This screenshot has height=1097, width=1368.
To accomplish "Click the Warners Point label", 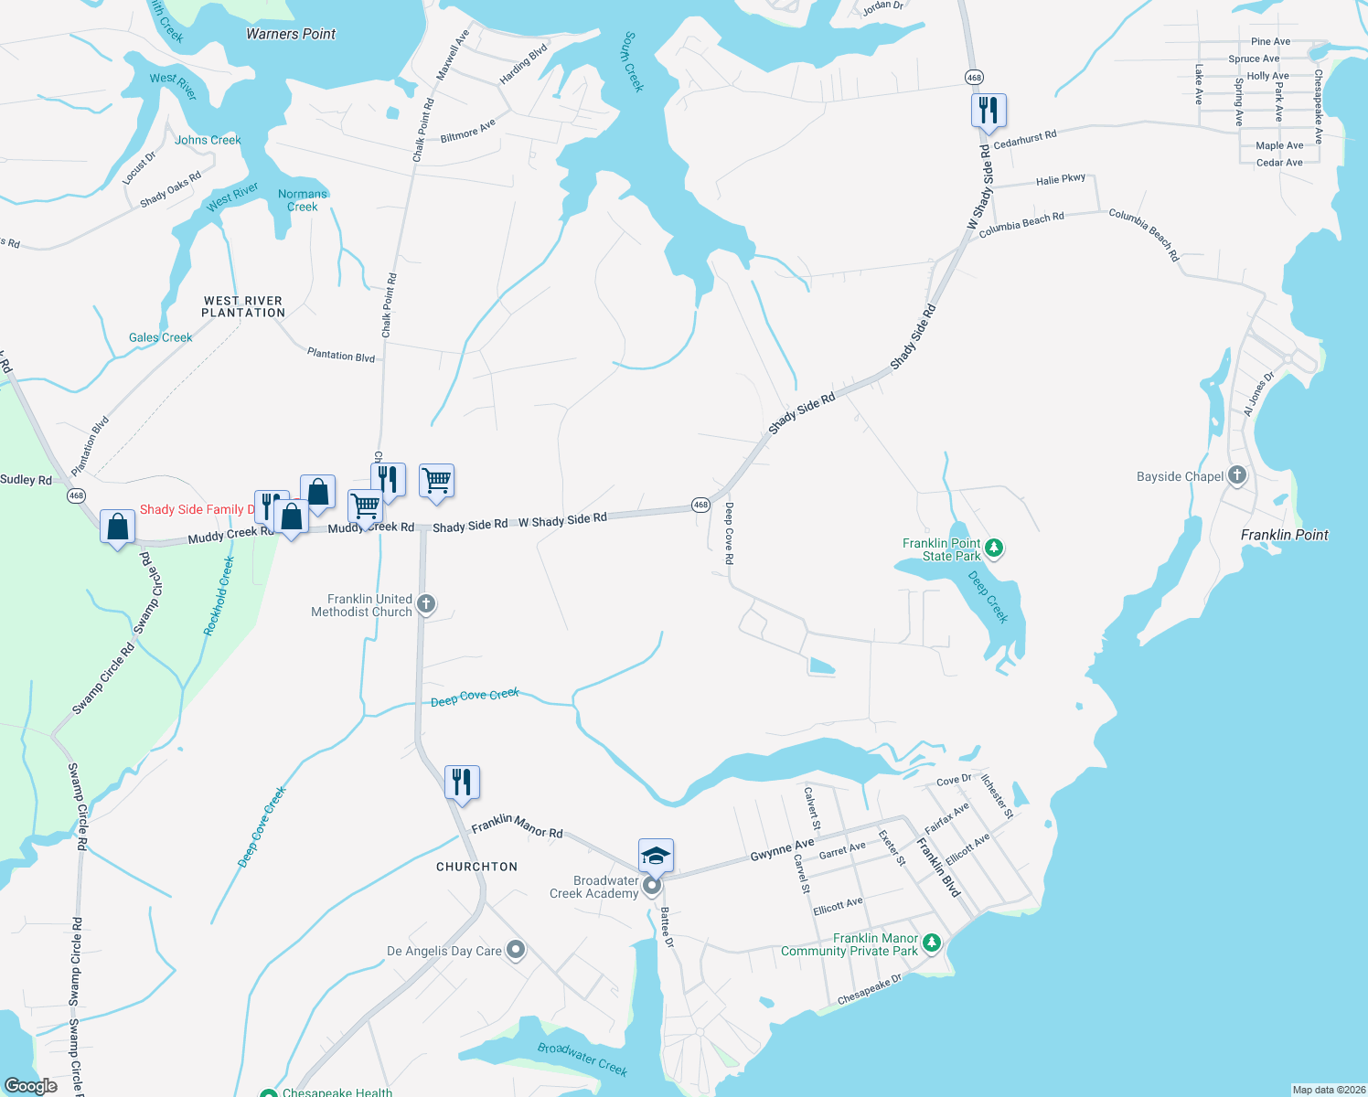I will (x=291, y=34).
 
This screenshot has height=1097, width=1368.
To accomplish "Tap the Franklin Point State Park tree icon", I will (x=994, y=548).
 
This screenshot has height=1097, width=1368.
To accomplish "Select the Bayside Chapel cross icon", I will (x=1237, y=474).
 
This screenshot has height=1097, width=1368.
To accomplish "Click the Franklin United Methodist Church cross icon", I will (x=426, y=603).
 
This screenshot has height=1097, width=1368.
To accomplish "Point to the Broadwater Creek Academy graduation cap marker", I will (x=656, y=856).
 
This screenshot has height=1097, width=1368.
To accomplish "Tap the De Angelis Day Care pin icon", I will (x=516, y=950).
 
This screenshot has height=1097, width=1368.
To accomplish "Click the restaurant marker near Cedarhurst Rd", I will (x=989, y=111).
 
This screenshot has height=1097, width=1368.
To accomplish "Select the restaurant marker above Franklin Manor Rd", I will (x=462, y=783).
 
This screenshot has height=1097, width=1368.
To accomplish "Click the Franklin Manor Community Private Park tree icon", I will (x=931, y=943).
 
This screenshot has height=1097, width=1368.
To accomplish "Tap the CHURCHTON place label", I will (x=476, y=867).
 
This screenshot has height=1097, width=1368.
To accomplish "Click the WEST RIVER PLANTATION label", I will (x=243, y=306).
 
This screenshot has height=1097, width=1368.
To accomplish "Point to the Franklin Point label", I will (x=1284, y=535).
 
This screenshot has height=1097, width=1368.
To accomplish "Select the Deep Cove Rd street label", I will (x=729, y=533).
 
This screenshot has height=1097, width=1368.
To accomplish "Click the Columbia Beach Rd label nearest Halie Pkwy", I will (x=1021, y=224).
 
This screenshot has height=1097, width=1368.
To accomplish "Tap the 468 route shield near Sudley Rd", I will (x=76, y=495).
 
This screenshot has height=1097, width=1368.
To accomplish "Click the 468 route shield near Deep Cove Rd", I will (x=700, y=505).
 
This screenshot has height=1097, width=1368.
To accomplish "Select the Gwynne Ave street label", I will (x=782, y=849).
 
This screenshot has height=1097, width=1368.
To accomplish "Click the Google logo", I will (x=31, y=1086).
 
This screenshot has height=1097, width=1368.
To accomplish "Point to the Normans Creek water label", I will (x=303, y=200).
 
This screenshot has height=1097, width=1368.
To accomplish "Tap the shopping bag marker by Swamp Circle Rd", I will (x=117, y=527).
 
